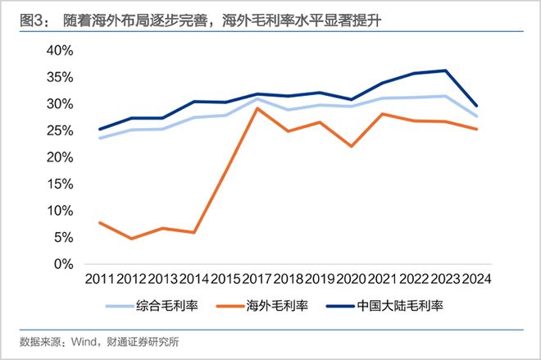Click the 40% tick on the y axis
[59, 50]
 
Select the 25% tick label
[59, 130]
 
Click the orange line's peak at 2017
[258, 108]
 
